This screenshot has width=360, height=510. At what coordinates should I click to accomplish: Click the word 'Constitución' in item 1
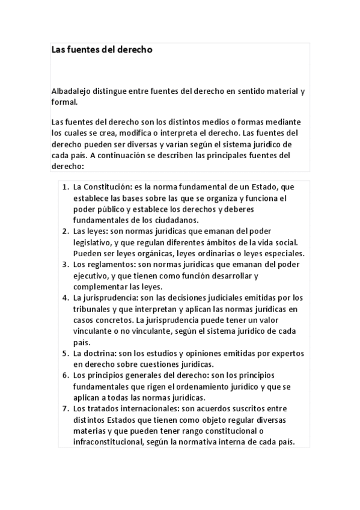coord(108,187)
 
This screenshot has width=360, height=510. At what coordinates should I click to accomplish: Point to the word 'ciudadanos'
coord(182,220)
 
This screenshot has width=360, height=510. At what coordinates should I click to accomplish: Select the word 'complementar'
coord(100,286)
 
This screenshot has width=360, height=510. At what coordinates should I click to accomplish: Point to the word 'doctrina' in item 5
coord(100,353)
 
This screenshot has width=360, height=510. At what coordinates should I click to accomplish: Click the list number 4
coord(65,298)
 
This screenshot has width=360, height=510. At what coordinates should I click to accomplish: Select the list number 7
coord(65,409)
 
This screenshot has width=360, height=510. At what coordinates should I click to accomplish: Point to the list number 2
coord(65,231)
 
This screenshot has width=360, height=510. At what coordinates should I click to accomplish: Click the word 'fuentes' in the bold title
coord(84,50)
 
